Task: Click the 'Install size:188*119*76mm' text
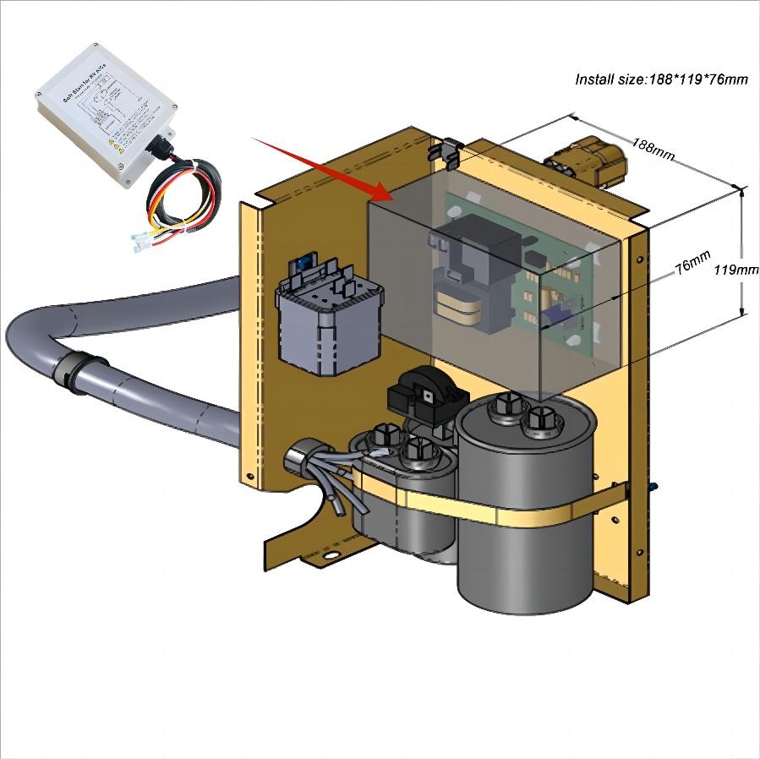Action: pyautogui.click(x=661, y=79)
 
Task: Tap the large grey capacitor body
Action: pyautogui.click(x=526, y=524)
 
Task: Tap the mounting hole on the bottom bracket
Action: pyautogui.click(x=331, y=556)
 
